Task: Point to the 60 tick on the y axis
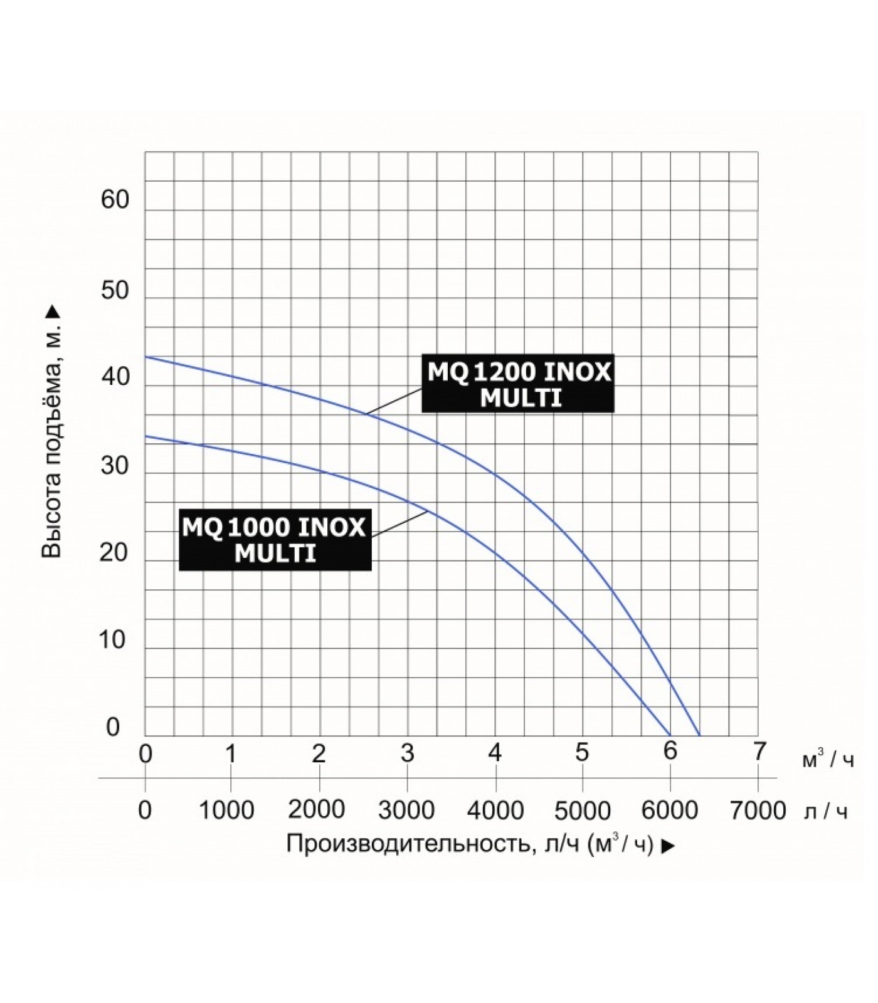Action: pos(115,200)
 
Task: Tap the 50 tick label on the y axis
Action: pos(115,291)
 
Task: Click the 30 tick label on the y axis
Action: pos(115,466)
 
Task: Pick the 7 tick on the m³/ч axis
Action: pos(759,752)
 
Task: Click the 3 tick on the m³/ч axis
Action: pos(408,753)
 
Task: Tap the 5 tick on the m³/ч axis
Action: pos(583,753)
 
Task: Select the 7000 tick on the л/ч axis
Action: pos(758,811)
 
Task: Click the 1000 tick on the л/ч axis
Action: pos(226,811)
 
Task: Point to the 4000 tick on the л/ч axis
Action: pos(495,811)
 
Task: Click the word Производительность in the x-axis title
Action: pos(405,844)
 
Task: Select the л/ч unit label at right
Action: pos(825,812)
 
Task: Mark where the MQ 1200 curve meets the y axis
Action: pos(145,357)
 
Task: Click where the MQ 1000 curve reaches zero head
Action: pos(670,735)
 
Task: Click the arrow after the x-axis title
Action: pos(669,846)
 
